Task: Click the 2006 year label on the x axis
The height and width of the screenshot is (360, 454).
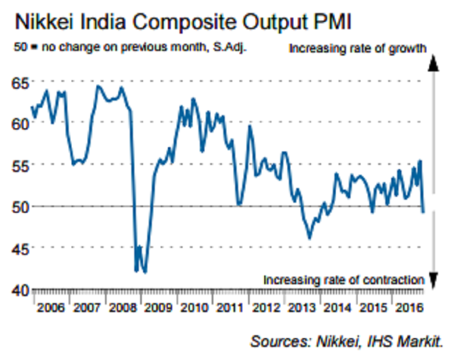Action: point(51,309)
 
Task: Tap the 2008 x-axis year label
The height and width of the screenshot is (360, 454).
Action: point(122,309)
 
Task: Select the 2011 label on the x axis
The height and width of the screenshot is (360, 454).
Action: point(229,309)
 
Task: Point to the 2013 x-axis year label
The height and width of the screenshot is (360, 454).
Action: point(301,309)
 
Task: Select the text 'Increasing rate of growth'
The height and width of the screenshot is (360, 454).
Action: point(357,48)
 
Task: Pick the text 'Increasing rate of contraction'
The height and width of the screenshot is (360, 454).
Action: point(343,279)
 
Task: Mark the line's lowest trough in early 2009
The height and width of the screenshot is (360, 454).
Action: point(145,271)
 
